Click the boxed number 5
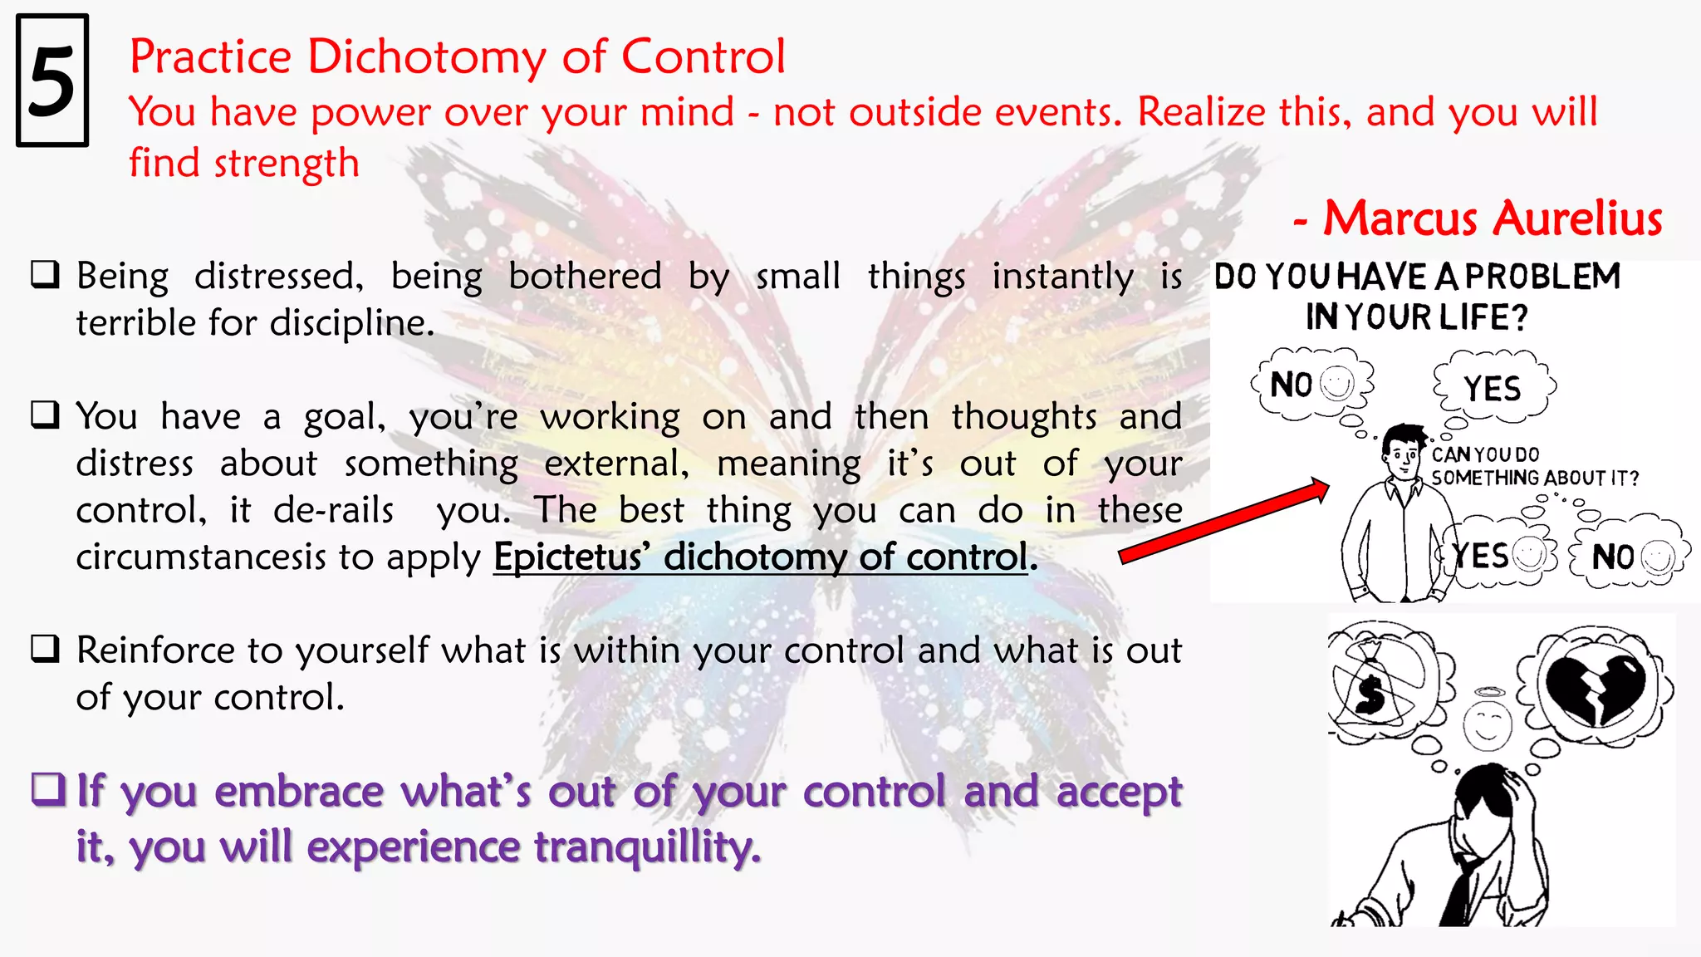pos(51,81)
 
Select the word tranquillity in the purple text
pos(646,847)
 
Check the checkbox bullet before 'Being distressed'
pos(45,275)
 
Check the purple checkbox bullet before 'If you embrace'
pos(47,789)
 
